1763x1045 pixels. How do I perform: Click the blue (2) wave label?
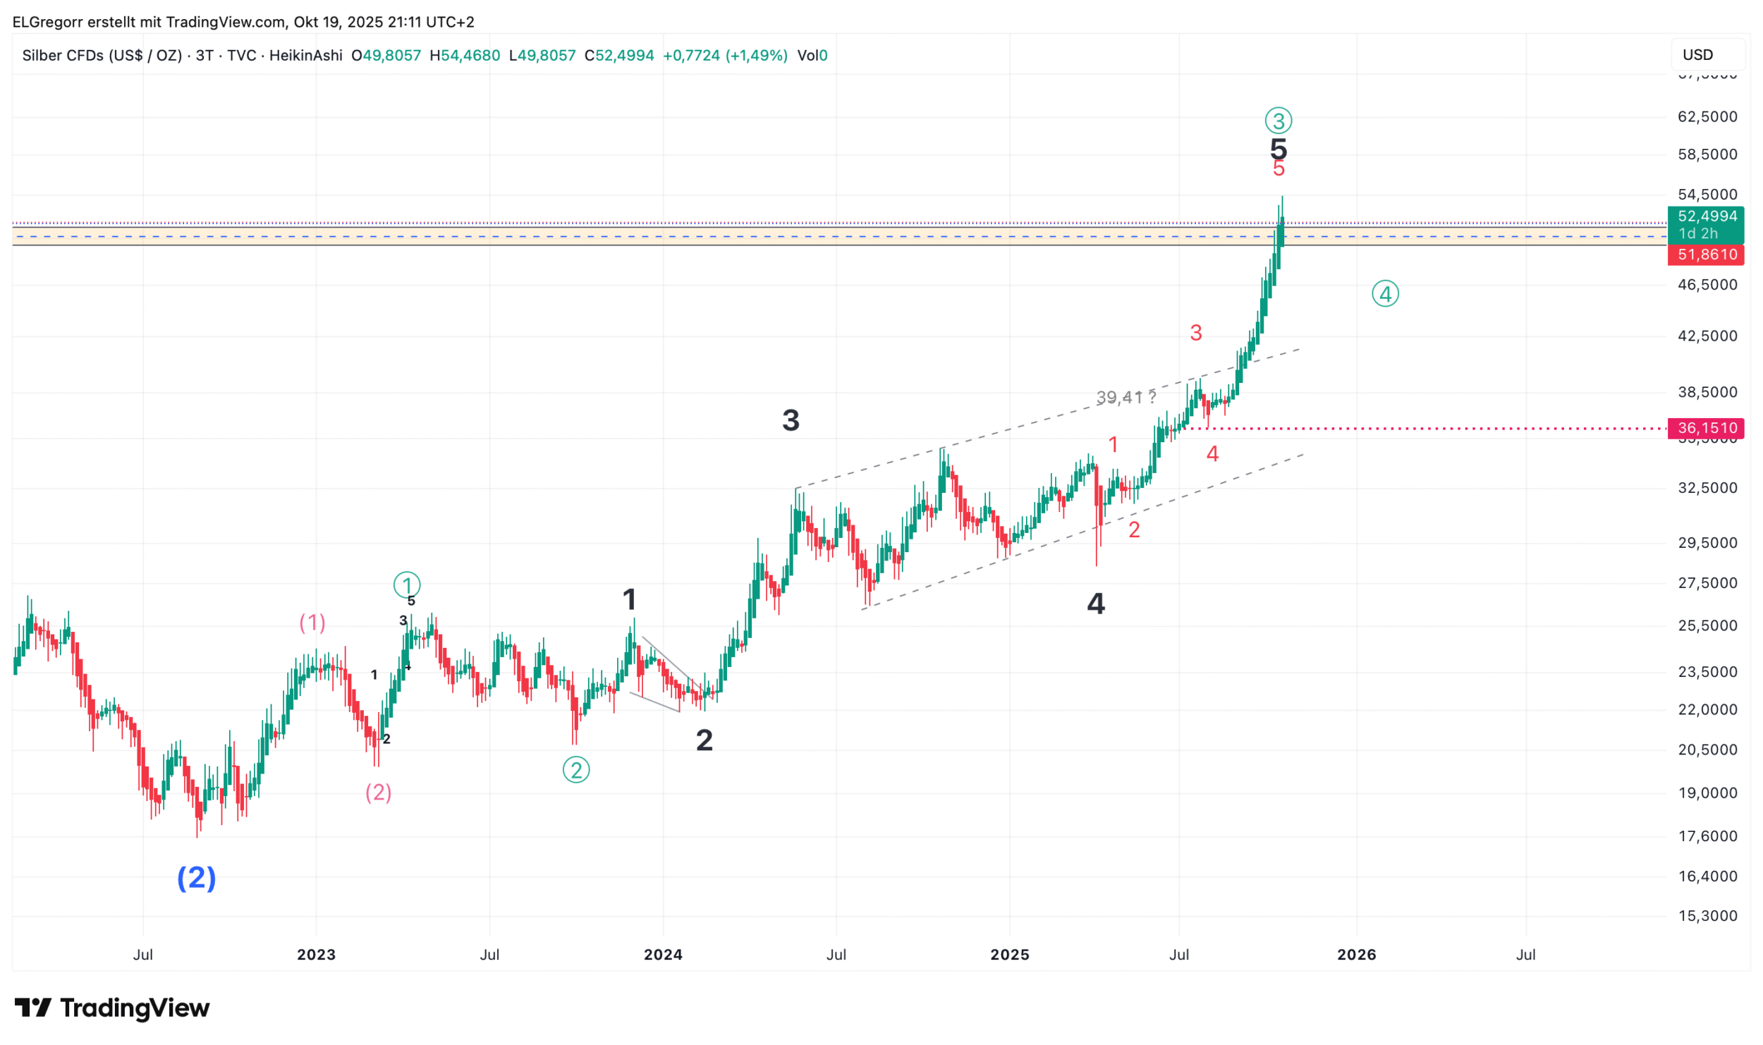point(196,878)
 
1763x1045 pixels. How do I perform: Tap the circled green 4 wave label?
point(1385,294)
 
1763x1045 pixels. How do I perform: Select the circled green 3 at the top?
point(1278,121)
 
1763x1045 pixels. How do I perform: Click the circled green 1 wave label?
point(407,585)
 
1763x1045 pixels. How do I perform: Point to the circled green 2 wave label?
point(576,770)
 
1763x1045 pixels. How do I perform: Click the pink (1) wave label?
point(312,623)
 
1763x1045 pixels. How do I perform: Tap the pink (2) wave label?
point(378,793)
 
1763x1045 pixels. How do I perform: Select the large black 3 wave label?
point(791,421)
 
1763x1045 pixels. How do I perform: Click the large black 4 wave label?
point(1096,604)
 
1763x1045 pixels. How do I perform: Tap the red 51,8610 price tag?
point(1705,255)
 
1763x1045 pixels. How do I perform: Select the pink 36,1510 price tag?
point(1705,428)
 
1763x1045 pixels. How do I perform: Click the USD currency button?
point(1697,55)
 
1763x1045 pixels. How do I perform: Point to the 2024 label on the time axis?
point(663,955)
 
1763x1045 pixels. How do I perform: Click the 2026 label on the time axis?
point(1356,955)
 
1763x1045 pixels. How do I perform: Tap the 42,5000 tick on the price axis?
point(1707,336)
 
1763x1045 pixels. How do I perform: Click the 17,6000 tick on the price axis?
point(1707,836)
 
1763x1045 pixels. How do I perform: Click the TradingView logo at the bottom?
point(112,1008)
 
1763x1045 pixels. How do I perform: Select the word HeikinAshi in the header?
point(305,56)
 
